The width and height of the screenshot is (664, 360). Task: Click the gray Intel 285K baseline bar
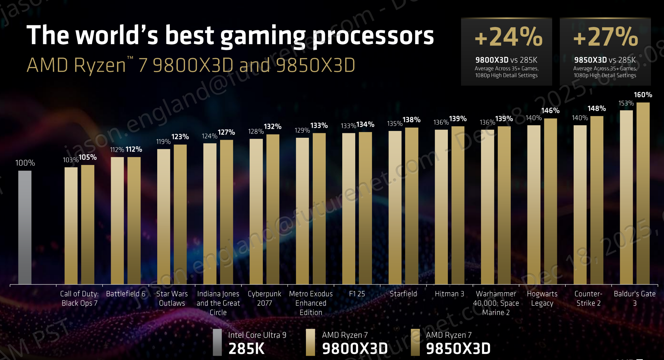25,227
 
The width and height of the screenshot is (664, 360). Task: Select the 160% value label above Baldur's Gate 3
643,95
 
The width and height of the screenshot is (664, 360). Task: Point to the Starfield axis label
403,294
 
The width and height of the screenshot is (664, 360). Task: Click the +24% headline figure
508,37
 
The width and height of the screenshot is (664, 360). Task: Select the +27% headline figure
605,37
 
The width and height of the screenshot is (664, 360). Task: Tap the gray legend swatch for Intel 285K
217,342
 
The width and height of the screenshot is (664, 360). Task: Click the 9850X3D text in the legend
458,348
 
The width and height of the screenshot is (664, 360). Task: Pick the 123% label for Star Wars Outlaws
180,137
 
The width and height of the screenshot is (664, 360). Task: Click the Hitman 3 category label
449,294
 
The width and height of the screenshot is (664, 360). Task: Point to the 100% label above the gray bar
25,163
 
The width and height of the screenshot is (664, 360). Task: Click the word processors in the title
373,35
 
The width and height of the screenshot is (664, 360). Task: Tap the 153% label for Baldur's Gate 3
626,103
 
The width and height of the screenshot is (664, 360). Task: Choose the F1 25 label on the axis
357,294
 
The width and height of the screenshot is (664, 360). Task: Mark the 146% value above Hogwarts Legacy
550,111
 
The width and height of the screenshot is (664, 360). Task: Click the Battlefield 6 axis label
125,294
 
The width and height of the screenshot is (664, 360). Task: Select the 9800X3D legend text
355,348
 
